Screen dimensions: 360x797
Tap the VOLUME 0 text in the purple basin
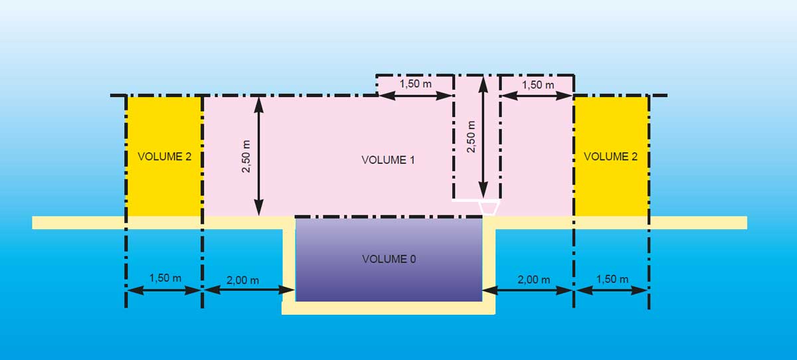[389, 259]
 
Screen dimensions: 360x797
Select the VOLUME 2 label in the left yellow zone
[164, 157]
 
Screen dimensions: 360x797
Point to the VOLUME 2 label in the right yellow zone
[611, 157]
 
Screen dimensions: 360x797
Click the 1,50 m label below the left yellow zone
[165, 278]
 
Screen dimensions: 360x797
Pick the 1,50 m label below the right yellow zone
[612, 279]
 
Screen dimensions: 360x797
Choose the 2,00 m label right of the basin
[533, 280]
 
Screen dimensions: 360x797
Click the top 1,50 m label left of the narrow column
[416, 84]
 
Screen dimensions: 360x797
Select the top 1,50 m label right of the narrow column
[537, 84]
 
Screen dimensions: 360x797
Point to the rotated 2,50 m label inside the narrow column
[471, 136]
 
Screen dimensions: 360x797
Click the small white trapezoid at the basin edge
[489, 208]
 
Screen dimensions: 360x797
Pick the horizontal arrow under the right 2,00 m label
[528, 290]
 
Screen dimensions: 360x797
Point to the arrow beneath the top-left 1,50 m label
[416, 96]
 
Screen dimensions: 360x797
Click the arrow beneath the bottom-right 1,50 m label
[612, 290]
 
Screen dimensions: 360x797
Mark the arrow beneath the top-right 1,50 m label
[537, 96]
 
